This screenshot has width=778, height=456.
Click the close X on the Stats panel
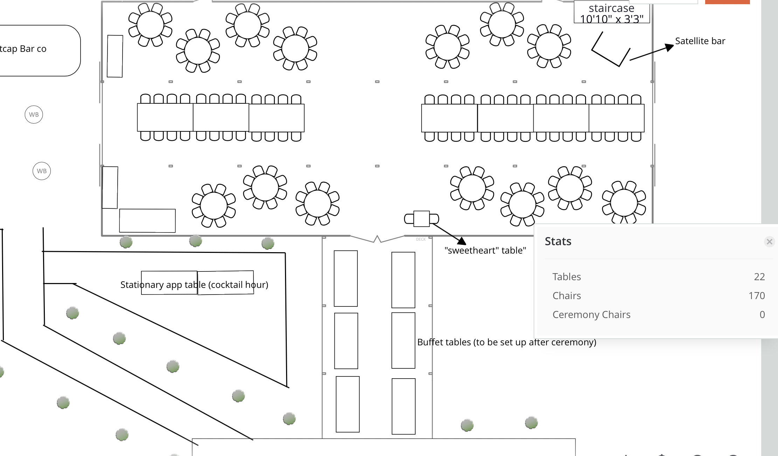click(769, 242)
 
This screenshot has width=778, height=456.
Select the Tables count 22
click(759, 277)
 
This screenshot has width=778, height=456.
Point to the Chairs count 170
click(756, 296)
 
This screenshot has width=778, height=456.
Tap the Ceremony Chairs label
click(591, 315)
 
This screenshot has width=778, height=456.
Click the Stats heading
click(558, 241)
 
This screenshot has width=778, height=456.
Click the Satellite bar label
click(700, 41)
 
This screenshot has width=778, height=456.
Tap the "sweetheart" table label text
click(485, 250)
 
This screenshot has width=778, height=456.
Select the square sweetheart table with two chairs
click(421, 219)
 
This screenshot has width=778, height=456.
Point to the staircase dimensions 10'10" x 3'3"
click(611, 19)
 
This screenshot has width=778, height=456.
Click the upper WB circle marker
click(34, 115)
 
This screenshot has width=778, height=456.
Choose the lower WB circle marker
click(42, 171)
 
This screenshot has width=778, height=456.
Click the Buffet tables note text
click(506, 342)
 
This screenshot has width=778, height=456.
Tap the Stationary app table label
click(194, 284)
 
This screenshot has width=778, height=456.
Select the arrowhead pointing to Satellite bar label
click(669, 47)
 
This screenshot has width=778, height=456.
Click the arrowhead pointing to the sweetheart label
click(462, 241)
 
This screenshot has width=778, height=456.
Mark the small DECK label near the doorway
click(421, 239)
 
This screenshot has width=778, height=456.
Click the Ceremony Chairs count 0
click(762, 315)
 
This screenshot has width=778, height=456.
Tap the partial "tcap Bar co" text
click(23, 49)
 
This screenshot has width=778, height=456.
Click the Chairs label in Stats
click(567, 296)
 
